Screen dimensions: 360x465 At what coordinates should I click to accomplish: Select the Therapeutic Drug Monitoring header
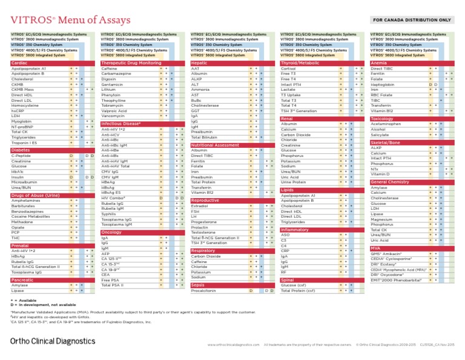131,62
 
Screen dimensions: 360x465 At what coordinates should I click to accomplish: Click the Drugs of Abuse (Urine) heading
35,196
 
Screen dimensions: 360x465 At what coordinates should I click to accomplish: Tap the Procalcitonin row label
204,291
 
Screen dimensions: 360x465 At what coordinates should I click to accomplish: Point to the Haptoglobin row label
383,84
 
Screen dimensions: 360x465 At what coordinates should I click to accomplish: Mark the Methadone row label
23,222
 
